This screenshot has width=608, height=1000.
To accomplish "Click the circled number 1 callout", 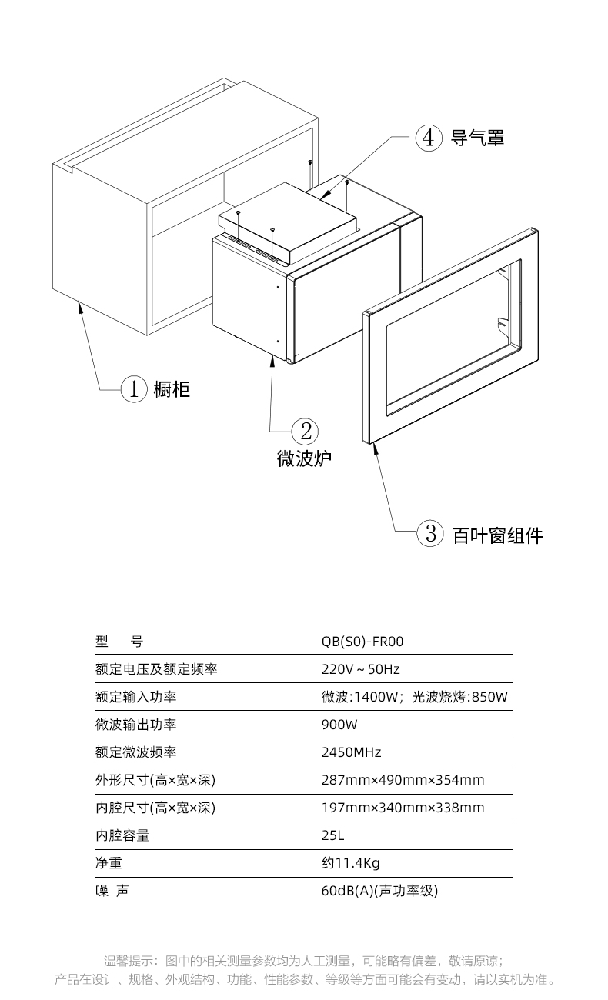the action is pos(134,388).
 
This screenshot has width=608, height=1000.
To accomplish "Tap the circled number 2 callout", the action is pos(305,432).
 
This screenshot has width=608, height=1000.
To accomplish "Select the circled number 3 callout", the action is pos(430,533).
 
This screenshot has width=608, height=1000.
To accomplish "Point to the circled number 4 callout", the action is pos(429,138).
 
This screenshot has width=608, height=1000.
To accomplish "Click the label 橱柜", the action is pos(172,389).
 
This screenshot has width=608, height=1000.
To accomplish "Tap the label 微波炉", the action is pos(304,458).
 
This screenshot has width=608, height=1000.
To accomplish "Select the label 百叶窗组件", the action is pos(498,535).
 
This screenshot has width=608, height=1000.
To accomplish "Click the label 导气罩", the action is pos(477,138).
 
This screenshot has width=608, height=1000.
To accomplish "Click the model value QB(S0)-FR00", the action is pos(362,642).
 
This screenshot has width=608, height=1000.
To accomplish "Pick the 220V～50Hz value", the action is pos(360,669).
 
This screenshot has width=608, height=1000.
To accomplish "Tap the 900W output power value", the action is pos(339,725).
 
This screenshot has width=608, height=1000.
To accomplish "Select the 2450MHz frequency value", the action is pos(351,752).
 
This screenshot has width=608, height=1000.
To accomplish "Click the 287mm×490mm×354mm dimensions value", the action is pos(403,780).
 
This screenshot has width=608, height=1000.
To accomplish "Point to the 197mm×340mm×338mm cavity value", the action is pos(403,808).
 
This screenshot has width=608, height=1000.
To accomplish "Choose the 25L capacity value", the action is pos(332,835).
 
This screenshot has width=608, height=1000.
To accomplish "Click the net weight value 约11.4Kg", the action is pos(351,863).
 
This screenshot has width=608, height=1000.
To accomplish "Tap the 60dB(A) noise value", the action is pos(347,891).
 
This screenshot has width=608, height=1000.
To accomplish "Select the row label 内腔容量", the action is pos(122,835).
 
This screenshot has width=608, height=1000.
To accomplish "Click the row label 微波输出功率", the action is pos(135,725).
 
